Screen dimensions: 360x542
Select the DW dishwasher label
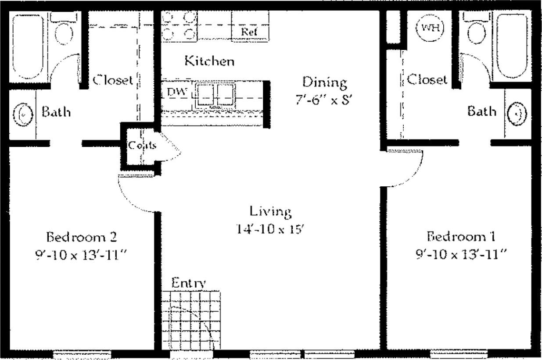point(177,93)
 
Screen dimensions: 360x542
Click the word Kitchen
point(209,61)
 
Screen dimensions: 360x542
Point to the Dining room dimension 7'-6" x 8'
point(324,99)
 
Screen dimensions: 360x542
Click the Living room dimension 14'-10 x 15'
point(270,229)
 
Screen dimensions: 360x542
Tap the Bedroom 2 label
point(82,237)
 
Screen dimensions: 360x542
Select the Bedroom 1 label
point(461,237)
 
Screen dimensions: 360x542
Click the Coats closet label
point(142,145)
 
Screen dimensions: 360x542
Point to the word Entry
point(188,282)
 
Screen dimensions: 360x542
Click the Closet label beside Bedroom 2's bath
point(112,80)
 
